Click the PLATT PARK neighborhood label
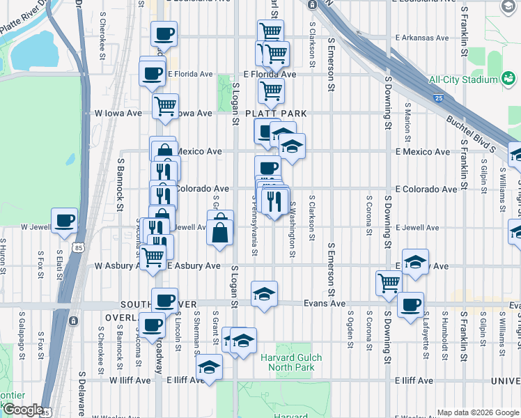pos(274,114)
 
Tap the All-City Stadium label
pos(464,79)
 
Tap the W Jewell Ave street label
pos(33,227)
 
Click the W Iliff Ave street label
pos(130,381)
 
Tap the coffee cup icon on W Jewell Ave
pos(65,220)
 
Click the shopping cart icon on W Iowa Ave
pos(165,106)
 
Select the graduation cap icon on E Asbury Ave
pos(415,262)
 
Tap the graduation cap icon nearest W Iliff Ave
pos(208,367)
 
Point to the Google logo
pos(23,410)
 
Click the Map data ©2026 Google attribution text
pos(477,412)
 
